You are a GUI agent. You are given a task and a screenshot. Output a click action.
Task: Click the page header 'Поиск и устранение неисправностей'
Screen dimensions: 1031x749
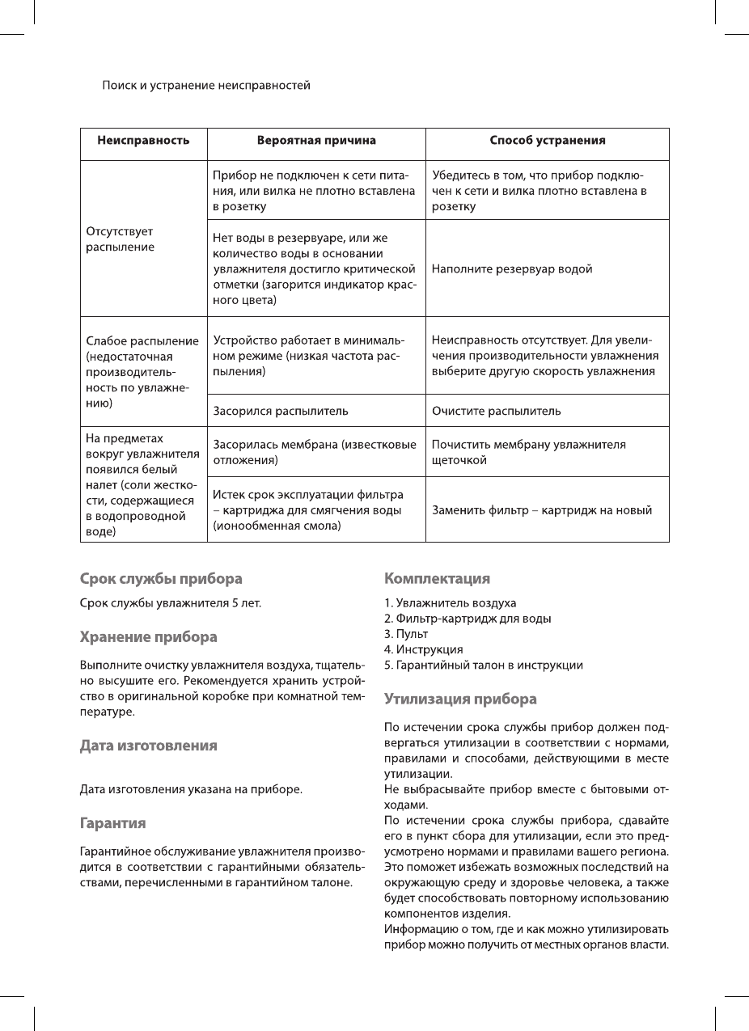(205, 85)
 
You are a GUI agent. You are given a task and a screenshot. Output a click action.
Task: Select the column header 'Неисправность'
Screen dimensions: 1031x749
(144, 140)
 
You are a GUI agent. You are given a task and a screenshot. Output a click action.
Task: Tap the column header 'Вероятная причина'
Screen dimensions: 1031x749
(316, 140)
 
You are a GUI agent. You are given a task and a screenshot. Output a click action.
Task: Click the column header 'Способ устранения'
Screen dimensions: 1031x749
(548, 140)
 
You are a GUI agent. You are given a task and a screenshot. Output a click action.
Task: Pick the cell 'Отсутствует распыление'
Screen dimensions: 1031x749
(120, 239)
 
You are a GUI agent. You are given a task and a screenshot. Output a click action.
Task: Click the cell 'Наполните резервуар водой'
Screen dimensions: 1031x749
(512, 268)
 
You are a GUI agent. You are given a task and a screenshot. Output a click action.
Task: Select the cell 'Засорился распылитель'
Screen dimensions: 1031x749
(281, 411)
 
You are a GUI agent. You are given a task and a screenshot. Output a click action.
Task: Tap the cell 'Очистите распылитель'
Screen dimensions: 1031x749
(496, 411)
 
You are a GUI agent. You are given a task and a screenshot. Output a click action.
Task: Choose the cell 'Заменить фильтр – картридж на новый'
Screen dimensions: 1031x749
(542, 510)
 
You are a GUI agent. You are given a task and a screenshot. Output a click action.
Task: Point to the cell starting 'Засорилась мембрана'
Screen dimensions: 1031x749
(315, 452)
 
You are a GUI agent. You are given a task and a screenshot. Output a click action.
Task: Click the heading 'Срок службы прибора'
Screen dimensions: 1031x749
(161, 579)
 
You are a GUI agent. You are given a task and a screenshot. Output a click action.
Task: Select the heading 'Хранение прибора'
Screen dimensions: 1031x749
(148, 637)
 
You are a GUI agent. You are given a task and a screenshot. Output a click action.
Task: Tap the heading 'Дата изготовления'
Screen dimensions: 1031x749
(148, 746)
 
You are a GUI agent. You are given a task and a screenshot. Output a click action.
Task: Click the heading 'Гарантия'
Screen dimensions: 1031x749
(112, 824)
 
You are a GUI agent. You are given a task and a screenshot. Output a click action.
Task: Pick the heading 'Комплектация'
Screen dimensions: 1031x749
(437, 579)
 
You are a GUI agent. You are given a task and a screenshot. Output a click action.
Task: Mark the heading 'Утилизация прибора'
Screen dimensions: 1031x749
(460, 699)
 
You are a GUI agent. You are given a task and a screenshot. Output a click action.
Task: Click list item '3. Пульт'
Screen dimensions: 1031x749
(406, 634)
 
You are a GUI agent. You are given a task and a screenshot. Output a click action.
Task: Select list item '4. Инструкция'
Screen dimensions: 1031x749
(424, 649)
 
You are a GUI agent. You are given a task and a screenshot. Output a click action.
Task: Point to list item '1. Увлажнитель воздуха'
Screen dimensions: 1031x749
(450, 603)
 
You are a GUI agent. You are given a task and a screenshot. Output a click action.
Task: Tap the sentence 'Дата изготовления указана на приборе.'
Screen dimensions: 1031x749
(191, 788)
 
